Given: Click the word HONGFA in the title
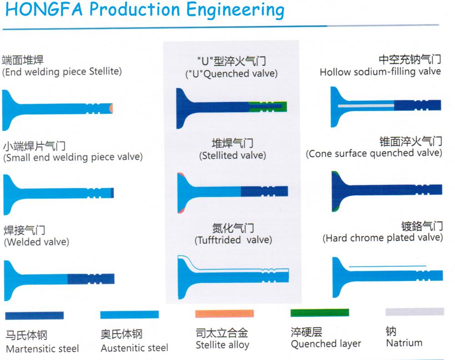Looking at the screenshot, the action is [x=44, y=9].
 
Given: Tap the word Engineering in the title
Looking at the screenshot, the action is [x=235, y=10].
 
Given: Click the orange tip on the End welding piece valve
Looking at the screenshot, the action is [x=111, y=108].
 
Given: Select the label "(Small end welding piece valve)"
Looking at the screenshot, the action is [x=73, y=157].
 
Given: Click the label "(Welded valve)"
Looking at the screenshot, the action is [x=36, y=242].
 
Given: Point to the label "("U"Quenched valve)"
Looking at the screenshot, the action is [x=232, y=74].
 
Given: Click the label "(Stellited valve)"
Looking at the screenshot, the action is [x=233, y=156].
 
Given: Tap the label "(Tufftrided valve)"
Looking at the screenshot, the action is [x=233, y=240].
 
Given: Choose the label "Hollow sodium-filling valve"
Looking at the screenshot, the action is [x=380, y=72].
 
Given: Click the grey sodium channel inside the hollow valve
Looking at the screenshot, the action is [x=366, y=106].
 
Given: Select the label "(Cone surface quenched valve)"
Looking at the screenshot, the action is [x=374, y=153].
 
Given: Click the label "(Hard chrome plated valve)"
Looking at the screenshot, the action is [x=383, y=238].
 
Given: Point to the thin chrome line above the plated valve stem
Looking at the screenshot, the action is [x=387, y=266].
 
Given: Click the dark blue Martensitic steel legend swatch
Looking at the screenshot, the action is [x=34, y=315].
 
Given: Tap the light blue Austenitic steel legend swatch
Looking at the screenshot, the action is [x=129, y=314].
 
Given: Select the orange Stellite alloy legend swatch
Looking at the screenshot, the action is [x=225, y=314].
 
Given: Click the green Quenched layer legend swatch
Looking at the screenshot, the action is [x=320, y=313].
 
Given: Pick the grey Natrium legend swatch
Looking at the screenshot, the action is [x=415, y=312].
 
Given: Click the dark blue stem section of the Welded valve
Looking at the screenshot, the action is [x=91, y=279].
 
